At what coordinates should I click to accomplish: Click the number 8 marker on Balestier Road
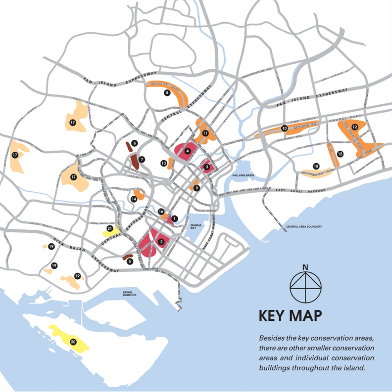(x=167, y=92)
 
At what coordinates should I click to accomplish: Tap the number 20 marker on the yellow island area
(x=73, y=342)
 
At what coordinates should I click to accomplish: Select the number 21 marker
(x=109, y=228)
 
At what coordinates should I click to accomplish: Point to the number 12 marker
(x=354, y=127)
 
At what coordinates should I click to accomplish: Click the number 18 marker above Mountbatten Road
(x=316, y=166)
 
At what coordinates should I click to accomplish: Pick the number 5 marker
(x=130, y=261)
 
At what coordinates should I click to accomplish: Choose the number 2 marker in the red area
(x=161, y=242)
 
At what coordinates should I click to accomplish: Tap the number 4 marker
(x=188, y=151)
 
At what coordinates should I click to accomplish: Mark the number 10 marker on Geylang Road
(x=284, y=129)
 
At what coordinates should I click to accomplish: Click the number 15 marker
(x=340, y=154)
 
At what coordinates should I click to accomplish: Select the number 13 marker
(x=163, y=163)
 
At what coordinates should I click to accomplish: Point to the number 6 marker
(x=134, y=143)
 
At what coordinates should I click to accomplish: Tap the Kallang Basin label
(x=243, y=176)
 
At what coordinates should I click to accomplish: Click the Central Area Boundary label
(x=303, y=226)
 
